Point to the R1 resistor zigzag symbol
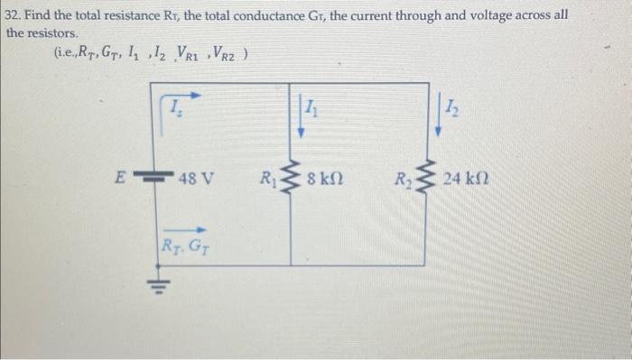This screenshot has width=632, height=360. click(291, 177)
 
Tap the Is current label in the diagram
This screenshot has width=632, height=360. click(177, 109)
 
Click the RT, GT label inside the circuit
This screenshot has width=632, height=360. click(181, 243)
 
